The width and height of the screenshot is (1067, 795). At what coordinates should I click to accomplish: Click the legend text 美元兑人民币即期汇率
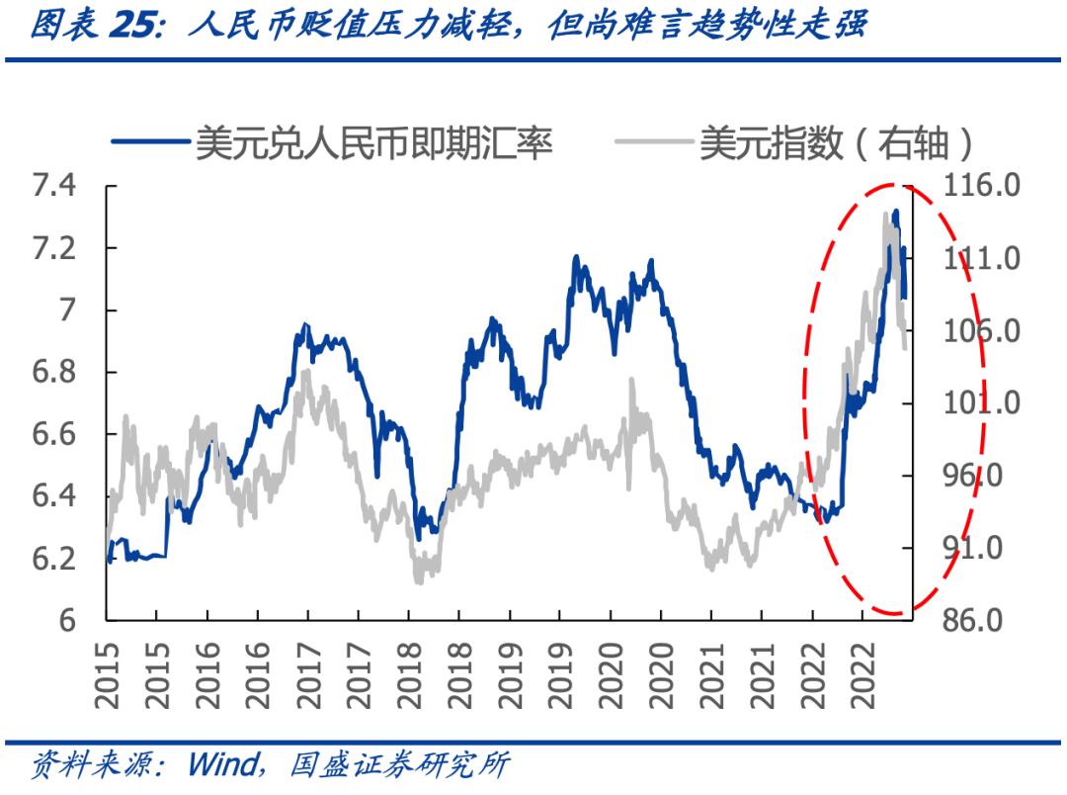[x=373, y=144]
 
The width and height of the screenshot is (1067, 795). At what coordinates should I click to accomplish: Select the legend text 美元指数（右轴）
[x=836, y=144]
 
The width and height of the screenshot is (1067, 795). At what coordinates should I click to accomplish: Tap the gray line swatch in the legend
[x=653, y=144]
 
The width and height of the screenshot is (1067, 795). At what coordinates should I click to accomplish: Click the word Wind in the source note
[x=222, y=764]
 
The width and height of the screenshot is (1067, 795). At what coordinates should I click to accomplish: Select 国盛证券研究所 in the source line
[x=401, y=764]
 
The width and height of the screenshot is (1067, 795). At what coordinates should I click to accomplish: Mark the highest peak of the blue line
[x=895, y=212]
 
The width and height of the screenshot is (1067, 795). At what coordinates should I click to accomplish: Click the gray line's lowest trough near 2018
[x=419, y=580]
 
